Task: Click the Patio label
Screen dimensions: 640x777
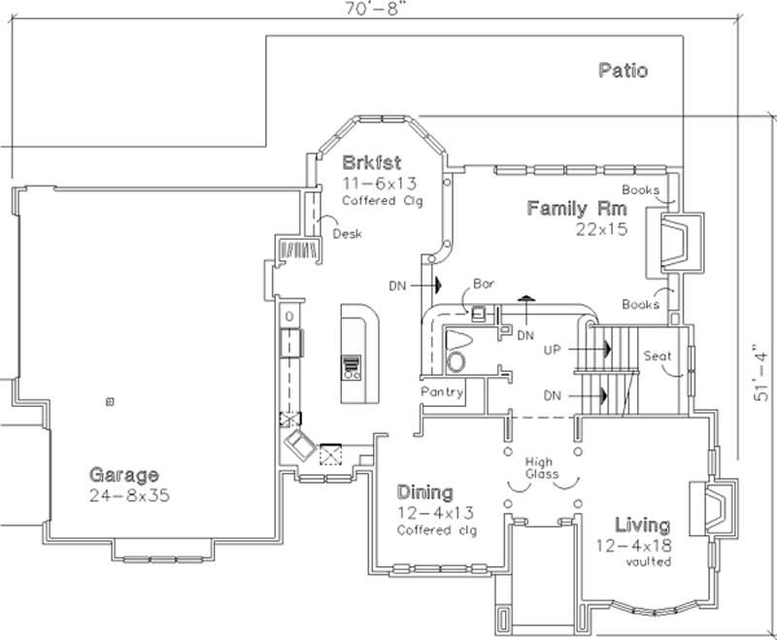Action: (623, 70)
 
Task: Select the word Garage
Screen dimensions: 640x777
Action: (123, 475)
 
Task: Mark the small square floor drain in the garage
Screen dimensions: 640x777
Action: (109, 401)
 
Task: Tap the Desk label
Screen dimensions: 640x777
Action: (348, 234)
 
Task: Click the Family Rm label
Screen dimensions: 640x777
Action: (577, 208)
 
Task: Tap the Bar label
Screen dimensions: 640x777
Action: (483, 285)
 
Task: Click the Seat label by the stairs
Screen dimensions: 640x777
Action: (658, 356)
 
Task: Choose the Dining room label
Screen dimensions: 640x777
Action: (424, 492)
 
